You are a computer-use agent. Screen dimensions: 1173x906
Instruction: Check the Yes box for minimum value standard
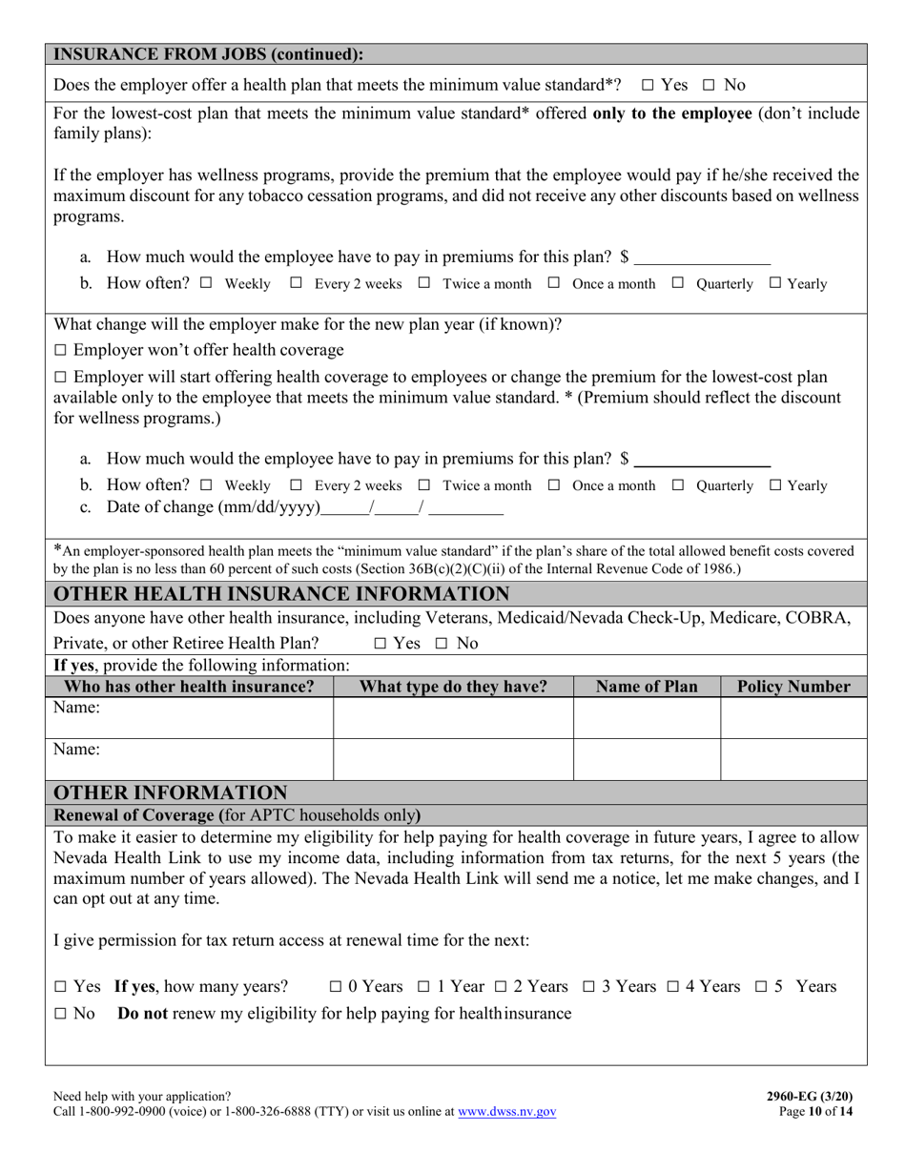(x=648, y=85)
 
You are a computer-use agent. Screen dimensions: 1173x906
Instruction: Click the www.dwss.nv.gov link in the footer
(x=506, y=1111)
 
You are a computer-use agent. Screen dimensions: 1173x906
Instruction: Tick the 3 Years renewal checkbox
(x=588, y=987)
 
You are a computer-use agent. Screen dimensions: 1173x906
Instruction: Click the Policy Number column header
(x=793, y=687)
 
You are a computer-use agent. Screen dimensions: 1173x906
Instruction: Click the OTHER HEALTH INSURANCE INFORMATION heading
(x=281, y=594)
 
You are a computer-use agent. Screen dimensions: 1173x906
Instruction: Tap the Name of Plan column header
(x=647, y=687)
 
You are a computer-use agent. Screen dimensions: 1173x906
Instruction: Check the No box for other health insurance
(x=442, y=644)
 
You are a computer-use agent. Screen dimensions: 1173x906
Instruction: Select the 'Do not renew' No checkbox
(x=60, y=1014)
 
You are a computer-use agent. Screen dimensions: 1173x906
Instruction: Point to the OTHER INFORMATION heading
(x=171, y=792)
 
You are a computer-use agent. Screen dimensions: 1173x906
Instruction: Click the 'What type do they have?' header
(x=453, y=687)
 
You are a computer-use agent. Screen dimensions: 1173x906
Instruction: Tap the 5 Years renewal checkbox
(x=762, y=987)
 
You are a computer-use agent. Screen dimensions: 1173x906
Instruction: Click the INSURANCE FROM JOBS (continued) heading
(x=208, y=54)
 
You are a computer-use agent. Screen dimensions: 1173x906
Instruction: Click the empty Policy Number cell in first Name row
(x=793, y=718)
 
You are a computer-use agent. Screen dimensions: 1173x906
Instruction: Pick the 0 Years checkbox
(x=336, y=987)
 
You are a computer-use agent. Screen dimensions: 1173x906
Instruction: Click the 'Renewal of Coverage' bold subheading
(x=134, y=815)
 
